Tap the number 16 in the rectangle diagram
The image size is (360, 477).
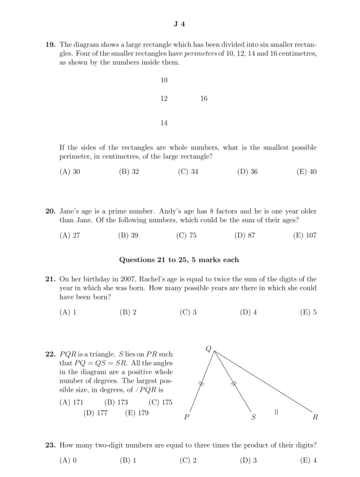[x=204, y=99]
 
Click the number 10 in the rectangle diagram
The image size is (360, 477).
[x=164, y=80]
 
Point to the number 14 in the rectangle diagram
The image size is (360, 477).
[x=164, y=123]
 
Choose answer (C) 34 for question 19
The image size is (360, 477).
[x=188, y=171]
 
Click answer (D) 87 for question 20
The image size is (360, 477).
[x=246, y=235]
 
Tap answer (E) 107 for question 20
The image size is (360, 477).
[x=306, y=235]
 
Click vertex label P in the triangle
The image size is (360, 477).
[x=186, y=417]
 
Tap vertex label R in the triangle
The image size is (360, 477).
[x=315, y=417]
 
